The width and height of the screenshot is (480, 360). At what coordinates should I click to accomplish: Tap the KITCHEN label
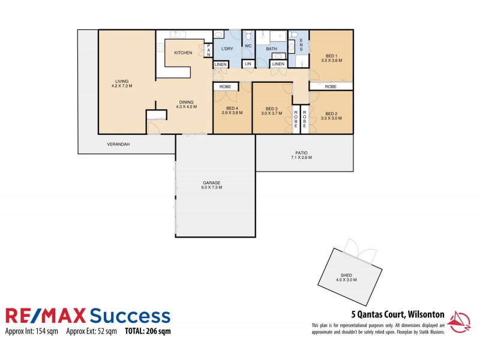183,53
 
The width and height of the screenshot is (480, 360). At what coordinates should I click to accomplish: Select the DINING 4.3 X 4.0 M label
186,104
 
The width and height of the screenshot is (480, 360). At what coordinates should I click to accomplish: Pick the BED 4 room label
232,110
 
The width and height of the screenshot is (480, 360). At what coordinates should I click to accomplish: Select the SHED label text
346,277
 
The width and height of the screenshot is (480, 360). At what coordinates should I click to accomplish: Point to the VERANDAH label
119,145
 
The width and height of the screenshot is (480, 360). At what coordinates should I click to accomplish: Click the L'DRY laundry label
227,49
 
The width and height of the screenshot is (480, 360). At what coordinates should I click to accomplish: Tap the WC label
248,46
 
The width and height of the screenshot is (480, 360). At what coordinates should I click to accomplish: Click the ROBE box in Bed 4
226,86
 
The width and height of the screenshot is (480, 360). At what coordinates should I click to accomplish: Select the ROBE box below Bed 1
331,86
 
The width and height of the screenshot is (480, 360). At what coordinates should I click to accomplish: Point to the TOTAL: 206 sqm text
148,331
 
